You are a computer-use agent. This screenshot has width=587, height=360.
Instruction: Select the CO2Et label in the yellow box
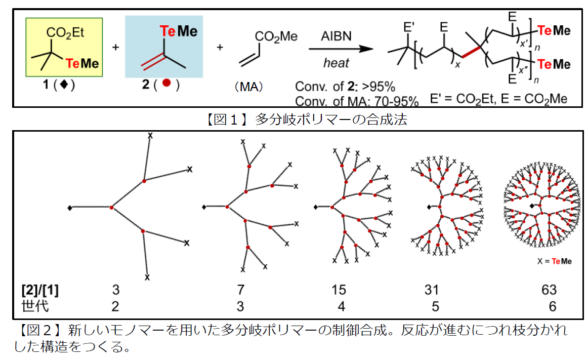coord(65,33)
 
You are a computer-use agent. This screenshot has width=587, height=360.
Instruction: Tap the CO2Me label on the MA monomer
coord(276,36)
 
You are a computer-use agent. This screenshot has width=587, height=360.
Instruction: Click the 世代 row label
coord(35,306)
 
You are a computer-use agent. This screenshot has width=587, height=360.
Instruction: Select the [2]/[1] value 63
coord(549,290)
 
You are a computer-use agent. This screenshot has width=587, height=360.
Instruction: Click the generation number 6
coord(552,306)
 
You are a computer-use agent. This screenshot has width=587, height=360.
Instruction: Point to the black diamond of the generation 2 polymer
coord(69,208)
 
